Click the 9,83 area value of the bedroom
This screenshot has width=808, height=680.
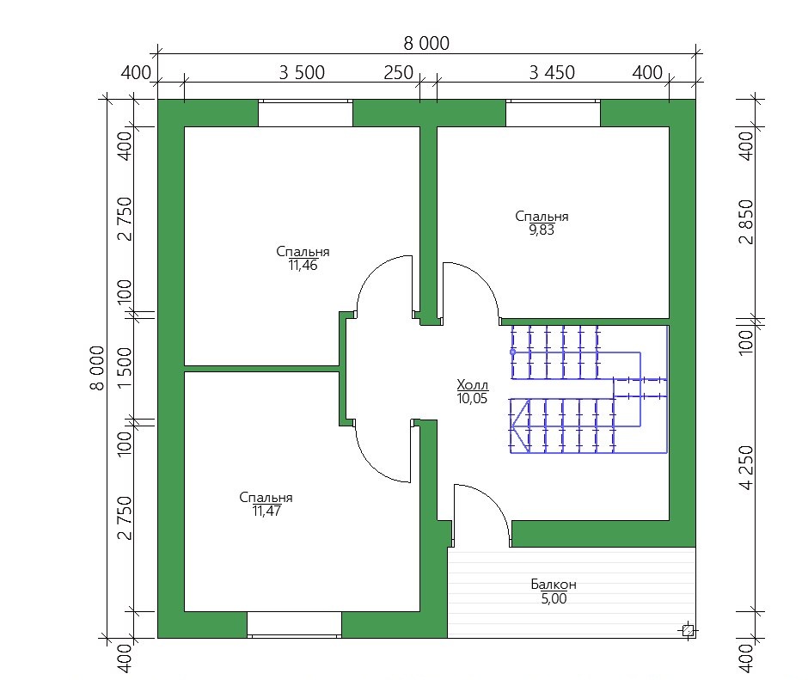pos(542,230)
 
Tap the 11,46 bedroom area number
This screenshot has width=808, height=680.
pos(303,266)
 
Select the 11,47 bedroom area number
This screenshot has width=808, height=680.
pos(266,511)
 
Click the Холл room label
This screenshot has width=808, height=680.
pos(472,384)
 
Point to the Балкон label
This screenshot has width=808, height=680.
pos(554,584)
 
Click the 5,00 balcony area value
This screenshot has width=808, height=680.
pos(554,598)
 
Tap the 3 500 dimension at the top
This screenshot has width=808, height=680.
pos(302,73)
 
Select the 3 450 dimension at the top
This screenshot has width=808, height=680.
pos(552,73)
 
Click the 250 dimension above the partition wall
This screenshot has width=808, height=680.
pos(398,73)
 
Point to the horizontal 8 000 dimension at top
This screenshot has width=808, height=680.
pos(426,43)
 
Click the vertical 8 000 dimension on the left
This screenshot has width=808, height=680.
pos(97,368)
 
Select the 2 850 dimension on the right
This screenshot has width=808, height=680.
pos(745,222)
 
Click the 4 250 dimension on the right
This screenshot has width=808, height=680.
pos(745,467)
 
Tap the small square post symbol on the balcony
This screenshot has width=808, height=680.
pos(688,630)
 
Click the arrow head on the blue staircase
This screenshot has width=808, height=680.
pos(520,426)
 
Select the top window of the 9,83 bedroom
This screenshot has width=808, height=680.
pos(553,113)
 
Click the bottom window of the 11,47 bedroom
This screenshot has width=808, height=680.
pos(294,625)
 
